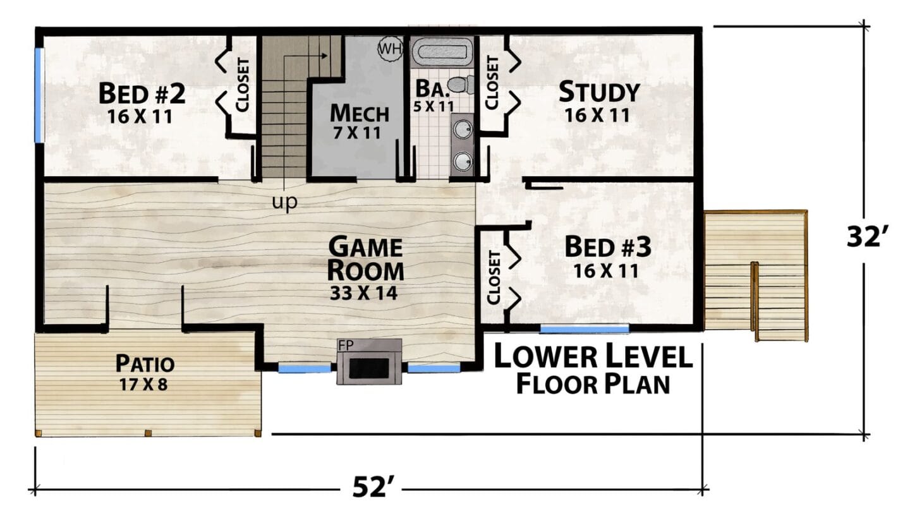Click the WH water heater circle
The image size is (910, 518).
390,49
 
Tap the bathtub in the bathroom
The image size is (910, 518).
442,52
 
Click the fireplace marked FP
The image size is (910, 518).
369,362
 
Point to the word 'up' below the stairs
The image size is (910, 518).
284,202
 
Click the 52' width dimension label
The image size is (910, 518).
373,487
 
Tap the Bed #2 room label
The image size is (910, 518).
142,93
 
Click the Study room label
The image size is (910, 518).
599,92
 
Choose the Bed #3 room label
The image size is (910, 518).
608,246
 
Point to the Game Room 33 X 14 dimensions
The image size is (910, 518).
363,293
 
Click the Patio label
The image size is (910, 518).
145,363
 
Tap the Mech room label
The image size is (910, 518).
360,113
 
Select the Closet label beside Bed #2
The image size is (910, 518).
243,85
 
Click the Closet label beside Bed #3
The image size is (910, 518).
493,277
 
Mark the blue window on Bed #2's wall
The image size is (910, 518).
39,95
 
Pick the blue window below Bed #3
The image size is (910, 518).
585,329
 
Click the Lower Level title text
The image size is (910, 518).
593,355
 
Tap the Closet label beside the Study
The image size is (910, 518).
492,83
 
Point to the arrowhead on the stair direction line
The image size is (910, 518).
324,56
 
